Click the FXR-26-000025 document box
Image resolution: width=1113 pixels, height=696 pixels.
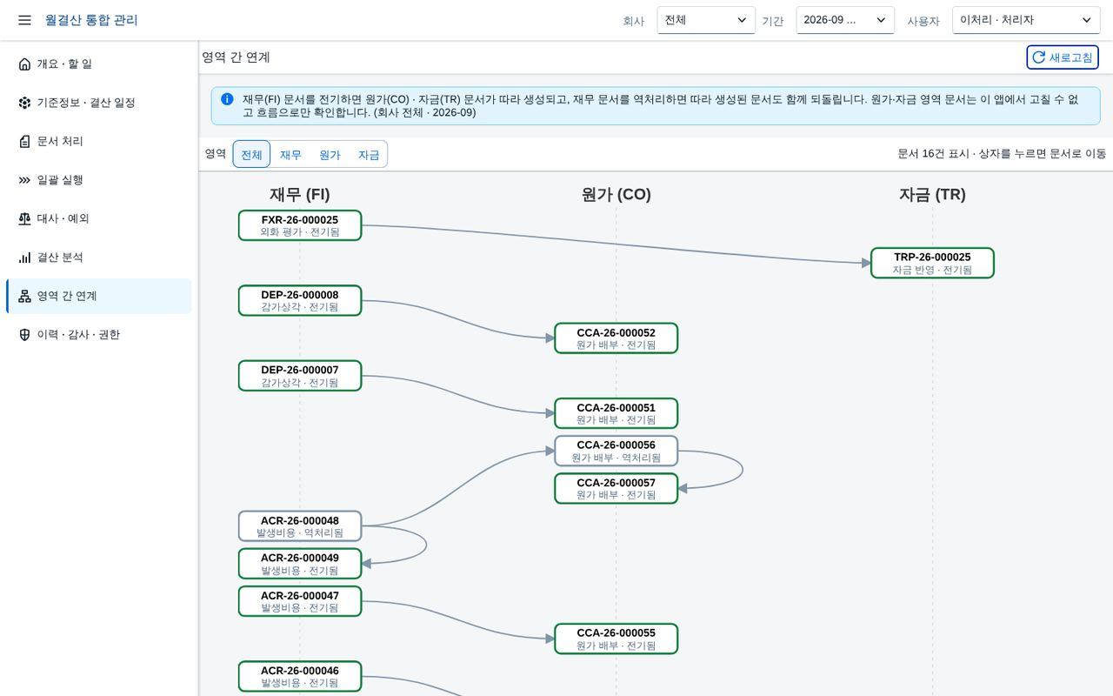click(300, 225)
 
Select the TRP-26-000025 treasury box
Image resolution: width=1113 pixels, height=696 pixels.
click(932, 263)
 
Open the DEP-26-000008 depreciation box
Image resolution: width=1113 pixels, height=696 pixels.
click(300, 300)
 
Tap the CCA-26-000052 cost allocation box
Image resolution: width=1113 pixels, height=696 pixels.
click(616, 338)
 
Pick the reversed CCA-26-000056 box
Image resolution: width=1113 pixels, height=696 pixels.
click(616, 451)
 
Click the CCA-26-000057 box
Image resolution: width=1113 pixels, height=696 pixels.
click(616, 488)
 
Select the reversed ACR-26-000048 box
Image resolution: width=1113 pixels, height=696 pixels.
click(300, 526)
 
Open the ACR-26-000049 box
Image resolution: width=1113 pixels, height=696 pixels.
click(300, 563)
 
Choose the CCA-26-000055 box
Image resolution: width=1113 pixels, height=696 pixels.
click(616, 639)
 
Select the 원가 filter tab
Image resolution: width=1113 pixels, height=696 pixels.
click(330, 155)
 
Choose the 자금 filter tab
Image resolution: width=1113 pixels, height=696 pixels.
click(369, 155)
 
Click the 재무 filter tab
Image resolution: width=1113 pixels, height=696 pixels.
click(290, 155)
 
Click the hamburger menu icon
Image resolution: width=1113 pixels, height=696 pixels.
click(24, 20)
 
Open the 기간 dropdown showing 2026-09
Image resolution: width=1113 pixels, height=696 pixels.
click(844, 20)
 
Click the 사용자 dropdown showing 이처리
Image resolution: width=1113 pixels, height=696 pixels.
click(1025, 20)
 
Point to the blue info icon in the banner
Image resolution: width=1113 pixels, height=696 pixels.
click(227, 99)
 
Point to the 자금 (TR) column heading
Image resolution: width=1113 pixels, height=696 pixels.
click(932, 194)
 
